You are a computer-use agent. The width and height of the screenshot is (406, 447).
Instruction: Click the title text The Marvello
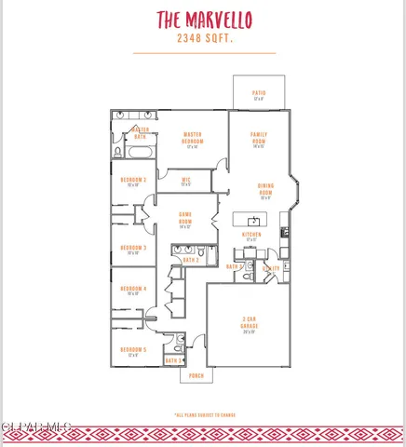tap(203, 20)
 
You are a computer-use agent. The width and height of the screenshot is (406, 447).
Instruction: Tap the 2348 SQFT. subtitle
tap(203, 39)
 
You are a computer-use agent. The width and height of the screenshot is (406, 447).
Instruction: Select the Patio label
tap(259, 94)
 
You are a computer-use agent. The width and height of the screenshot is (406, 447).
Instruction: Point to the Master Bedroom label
tap(193, 138)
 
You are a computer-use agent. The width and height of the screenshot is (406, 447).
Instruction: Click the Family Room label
tap(259, 138)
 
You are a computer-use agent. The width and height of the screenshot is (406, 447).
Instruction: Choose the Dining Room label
tap(265, 189)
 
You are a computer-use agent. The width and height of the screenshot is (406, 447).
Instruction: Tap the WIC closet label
tap(186, 181)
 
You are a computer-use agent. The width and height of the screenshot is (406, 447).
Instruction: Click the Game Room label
tap(185, 221)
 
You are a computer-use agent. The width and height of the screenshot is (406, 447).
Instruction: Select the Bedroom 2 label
tap(133, 180)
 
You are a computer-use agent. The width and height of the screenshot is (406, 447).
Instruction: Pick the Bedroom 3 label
tap(133, 248)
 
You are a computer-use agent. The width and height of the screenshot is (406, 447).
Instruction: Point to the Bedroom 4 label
tap(133, 290)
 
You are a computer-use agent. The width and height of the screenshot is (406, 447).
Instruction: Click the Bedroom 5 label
tap(133, 350)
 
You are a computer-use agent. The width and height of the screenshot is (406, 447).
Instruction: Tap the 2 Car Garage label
tap(249, 324)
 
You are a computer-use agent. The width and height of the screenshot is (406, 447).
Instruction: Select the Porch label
tap(196, 375)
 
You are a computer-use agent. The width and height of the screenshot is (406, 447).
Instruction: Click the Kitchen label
tap(251, 237)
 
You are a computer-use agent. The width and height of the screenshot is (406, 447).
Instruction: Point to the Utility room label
tap(271, 267)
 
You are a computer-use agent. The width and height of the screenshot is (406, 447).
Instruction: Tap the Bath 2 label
tap(190, 260)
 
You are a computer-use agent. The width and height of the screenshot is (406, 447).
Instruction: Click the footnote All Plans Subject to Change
tap(203, 414)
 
